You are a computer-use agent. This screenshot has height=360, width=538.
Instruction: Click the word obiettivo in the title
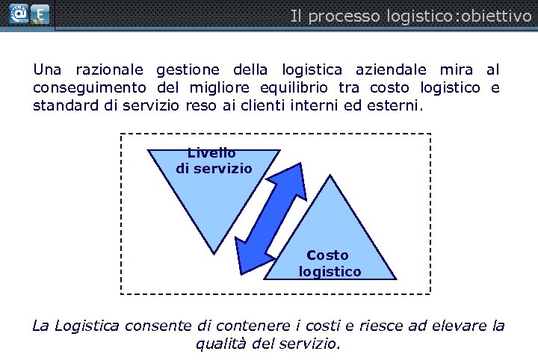[x=497, y=16]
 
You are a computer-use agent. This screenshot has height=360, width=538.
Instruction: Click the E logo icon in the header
[x=40, y=14]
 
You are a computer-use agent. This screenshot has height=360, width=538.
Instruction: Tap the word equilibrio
[x=291, y=88]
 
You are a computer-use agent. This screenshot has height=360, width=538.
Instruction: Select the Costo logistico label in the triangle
[x=329, y=263]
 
